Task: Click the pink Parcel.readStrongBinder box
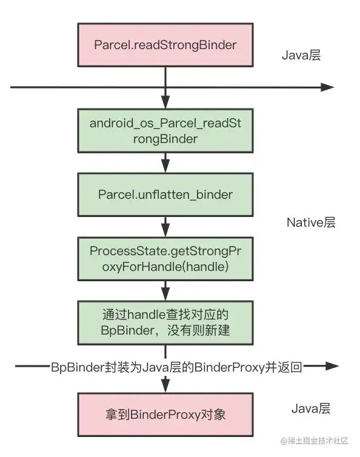coord(165,45)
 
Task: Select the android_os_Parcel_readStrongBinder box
coord(165,130)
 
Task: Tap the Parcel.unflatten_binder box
coord(165,195)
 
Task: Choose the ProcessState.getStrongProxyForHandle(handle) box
coord(165,258)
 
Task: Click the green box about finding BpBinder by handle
coord(165,322)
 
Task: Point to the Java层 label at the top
coord(301,56)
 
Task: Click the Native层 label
coord(311,222)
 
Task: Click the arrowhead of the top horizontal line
coord(327,87)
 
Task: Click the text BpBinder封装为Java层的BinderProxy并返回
coord(177,367)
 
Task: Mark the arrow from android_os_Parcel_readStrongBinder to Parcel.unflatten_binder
coord(165,162)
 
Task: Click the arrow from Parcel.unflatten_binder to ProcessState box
coord(165,226)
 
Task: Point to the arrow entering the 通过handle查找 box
coord(165,290)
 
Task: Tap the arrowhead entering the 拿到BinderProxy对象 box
coord(165,386)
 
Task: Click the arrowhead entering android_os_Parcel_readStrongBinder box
coord(165,102)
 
